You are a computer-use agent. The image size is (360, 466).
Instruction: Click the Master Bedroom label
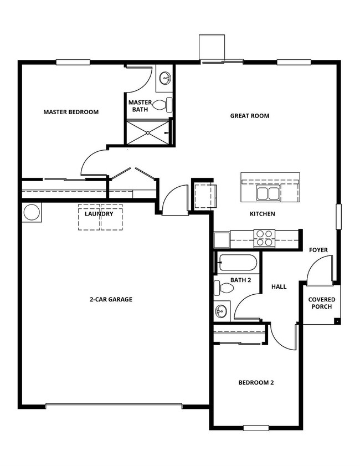tap(71, 112)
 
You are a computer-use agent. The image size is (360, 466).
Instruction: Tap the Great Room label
tap(250, 116)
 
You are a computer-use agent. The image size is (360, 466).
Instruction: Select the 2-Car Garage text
tap(111, 299)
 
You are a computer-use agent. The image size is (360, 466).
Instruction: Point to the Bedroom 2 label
tap(256, 382)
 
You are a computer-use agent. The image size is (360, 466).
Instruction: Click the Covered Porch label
tap(322, 304)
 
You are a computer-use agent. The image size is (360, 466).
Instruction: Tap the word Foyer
tap(318, 250)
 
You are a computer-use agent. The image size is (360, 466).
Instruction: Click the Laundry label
tap(99, 214)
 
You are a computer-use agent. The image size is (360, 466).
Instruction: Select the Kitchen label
tap(263, 214)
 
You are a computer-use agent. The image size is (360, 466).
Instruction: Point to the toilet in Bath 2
tap(222, 288)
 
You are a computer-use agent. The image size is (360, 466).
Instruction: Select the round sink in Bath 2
tap(222, 311)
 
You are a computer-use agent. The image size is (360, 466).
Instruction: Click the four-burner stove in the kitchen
tap(264, 238)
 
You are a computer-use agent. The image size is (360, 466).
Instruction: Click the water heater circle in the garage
tap(30, 213)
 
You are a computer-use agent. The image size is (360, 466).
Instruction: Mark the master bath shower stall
tap(148, 132)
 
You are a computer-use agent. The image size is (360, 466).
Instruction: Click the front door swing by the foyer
tap(319, 270)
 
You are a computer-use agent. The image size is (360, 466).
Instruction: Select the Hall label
tap(279, 286)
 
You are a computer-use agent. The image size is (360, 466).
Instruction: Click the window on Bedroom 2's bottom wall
tap(255, 428)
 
